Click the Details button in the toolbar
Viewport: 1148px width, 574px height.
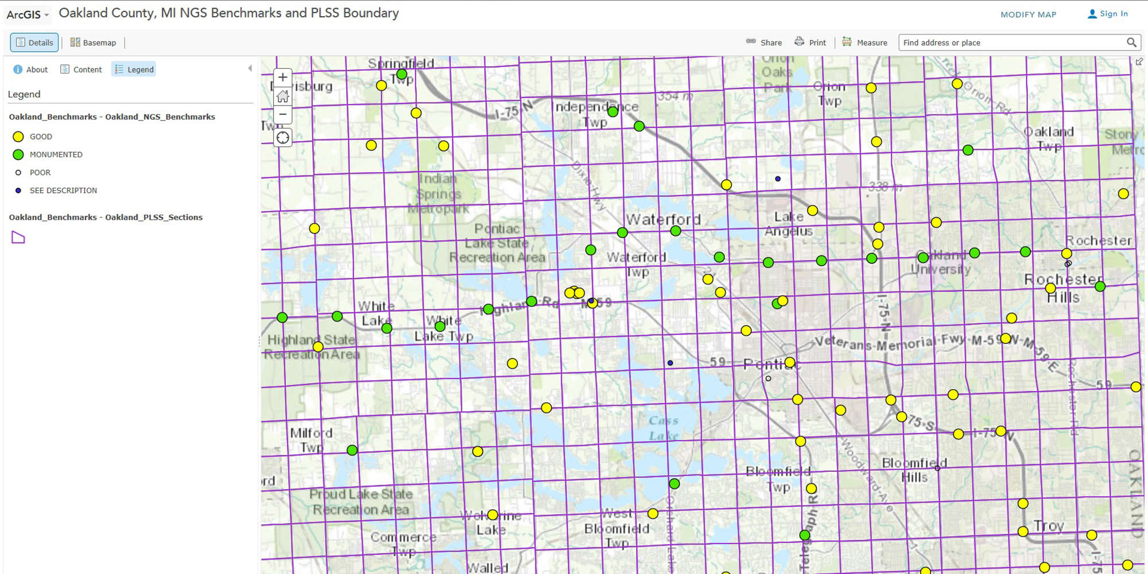(34, 42)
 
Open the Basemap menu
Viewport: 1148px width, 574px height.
(93, 42)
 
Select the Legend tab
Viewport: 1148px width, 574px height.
(134, 69)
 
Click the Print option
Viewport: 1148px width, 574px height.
(810, 42)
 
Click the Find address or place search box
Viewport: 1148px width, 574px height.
(1010, 42)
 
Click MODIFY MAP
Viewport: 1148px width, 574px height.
(1028, 14)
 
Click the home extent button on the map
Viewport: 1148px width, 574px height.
(282, 96)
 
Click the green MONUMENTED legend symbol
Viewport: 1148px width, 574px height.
(18, 154)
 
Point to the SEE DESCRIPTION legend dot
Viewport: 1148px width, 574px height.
(18, 191)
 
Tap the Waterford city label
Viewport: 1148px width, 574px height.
(664, 219)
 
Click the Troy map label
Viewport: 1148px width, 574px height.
(1049, 526)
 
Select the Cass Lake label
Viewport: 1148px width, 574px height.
(664, 428)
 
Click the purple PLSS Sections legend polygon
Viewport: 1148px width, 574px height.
(18, 237)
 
